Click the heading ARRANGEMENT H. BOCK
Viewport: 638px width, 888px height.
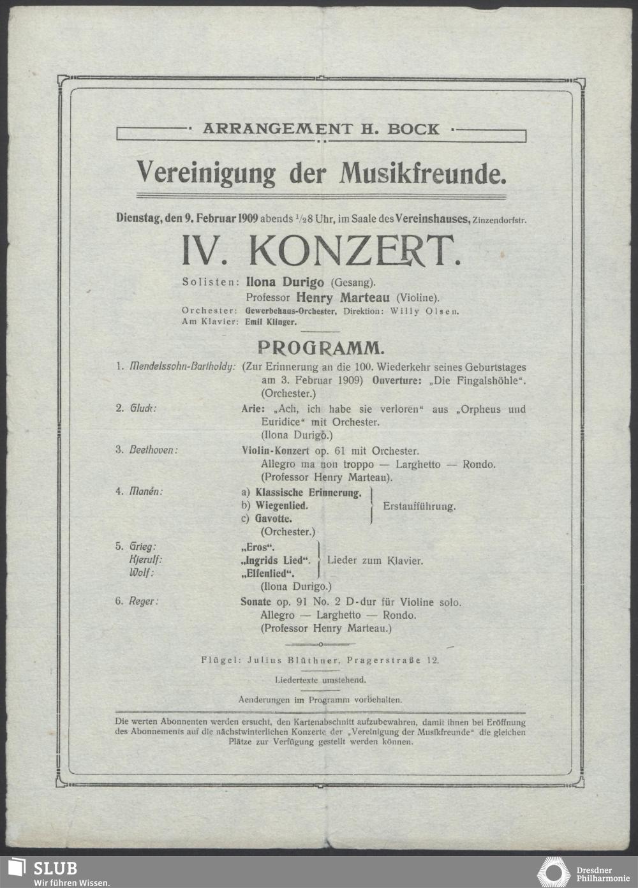point(321,129)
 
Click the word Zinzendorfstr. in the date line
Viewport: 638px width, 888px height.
point(500,220)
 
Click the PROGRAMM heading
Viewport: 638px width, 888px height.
point(320,348)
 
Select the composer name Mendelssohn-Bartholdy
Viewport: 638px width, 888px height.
point(182,368)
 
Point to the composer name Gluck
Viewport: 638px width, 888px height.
point(143,409)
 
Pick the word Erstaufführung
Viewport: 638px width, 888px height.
point(419,507)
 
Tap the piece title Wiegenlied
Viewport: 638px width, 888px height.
point(281,506)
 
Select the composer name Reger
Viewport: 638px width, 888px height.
point(144,602)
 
